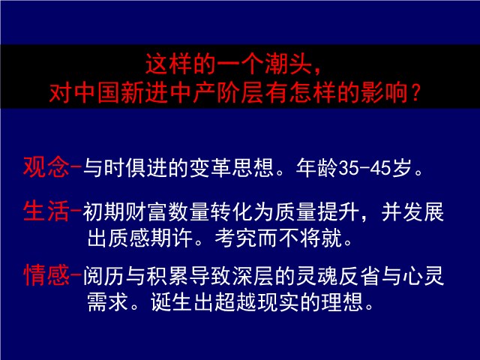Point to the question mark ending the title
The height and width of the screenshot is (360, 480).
click(x=415, y=93)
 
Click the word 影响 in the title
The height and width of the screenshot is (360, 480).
click(x=385, y=93)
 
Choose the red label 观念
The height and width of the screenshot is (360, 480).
click(x=46, y=167)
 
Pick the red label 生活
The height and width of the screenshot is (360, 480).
click(x=46, y=211)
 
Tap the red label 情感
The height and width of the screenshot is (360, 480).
click(x=46, y=275)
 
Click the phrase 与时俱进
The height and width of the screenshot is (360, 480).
click(x=125, y=168)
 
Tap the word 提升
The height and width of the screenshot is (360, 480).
click(x=338, y=211)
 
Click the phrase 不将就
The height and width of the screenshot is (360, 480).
click(x=310, y=238)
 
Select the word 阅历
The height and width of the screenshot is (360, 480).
click(x=104, y=276)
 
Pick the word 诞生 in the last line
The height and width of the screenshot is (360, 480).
click(x=171, y=301)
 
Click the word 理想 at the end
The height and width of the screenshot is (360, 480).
click(x=342, y=301)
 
